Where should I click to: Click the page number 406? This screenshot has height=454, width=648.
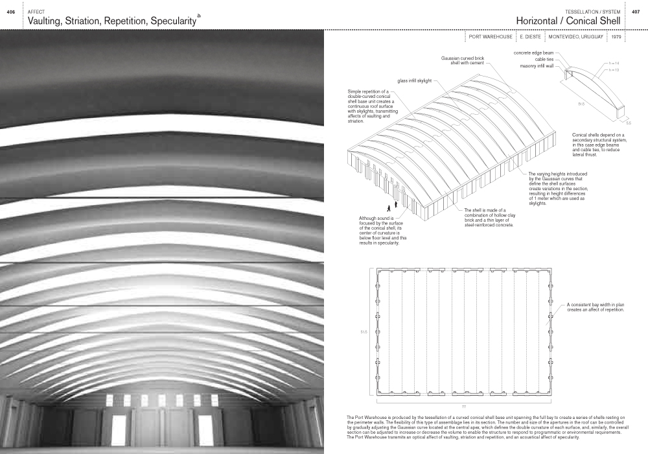tap(11, 12)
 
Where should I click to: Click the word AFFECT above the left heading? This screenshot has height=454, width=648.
tap(36, 12)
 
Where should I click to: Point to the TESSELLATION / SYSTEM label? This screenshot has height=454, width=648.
tap(593, 12)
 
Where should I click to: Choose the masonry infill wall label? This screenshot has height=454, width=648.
tap(537, 66)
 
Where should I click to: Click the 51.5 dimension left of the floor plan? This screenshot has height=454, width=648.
tap(364, 332)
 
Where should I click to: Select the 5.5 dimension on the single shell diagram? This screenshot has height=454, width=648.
tap(628, 122)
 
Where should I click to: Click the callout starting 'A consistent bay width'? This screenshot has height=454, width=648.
tap(595, 307)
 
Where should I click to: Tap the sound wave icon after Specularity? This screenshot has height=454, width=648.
tap(199, 16)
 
